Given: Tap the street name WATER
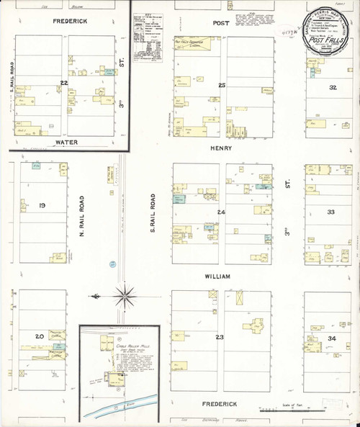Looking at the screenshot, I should click(x=66, y=143).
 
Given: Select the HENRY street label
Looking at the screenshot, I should click(x=222, y=149).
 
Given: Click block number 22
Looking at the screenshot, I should click(x=64, y=84).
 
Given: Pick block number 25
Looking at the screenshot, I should click(x=222, y=86).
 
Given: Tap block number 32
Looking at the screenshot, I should click(x=332, y=87).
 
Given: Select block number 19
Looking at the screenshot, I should click(x=42, y=207).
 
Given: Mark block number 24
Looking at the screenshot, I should click(x=221, y=212).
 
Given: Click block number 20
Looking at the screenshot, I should click(x=40, y=336).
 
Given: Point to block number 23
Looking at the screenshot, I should click(x=220, y=336).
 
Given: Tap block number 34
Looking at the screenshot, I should click(x=332, y=337).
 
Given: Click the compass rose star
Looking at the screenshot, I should click(x=125, y=294).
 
